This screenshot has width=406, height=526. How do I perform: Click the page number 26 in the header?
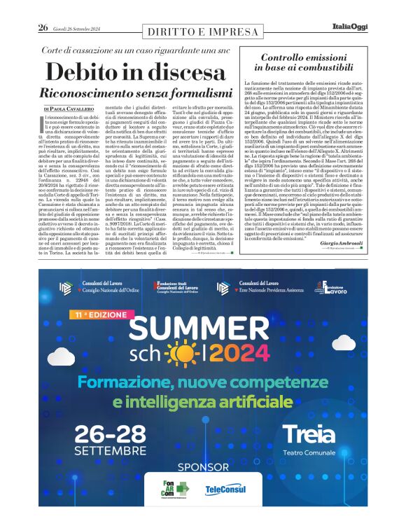tap(43, 28)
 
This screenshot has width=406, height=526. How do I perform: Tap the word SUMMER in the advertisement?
tap(203, 331)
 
